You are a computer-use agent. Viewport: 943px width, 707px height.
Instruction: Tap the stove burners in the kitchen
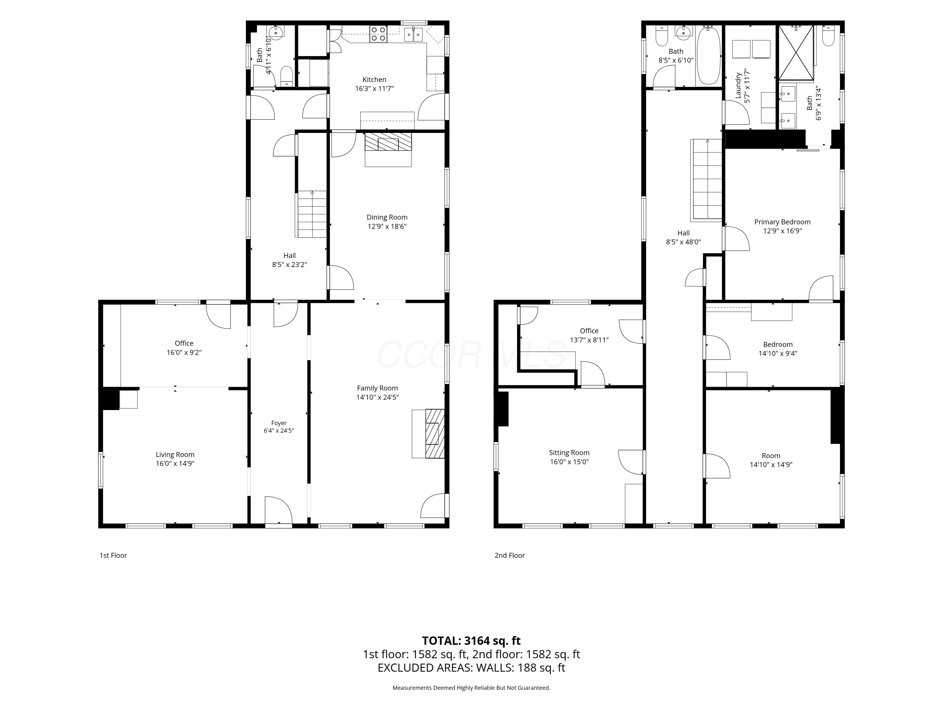pos(378,34)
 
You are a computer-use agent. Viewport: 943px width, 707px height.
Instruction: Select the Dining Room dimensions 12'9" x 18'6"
pos(387,226)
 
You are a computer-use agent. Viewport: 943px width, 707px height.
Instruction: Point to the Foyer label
pos(279,423)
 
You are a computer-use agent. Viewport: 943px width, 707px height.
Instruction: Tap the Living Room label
pos(175,455)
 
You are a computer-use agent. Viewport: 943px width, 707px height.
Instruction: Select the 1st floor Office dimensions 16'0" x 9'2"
pos(184,353)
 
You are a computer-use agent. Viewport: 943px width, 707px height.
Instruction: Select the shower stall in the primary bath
pos(796,52)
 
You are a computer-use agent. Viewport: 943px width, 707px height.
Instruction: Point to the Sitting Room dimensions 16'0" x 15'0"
pos(569,462)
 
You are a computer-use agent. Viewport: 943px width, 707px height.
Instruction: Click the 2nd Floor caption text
pos(510,555)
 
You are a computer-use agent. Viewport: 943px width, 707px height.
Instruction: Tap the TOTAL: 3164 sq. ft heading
pos(471,640)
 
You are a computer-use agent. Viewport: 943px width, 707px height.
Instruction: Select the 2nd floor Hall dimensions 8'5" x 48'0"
pos(683,242)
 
